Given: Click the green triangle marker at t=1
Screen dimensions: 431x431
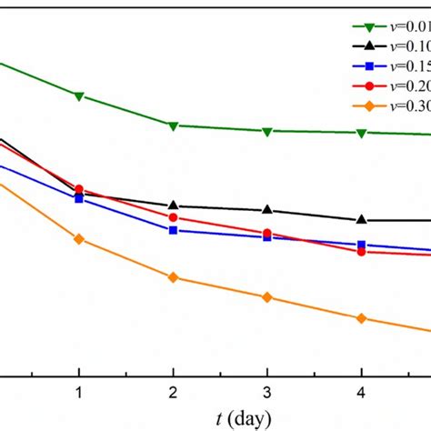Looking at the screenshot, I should click(79, 95).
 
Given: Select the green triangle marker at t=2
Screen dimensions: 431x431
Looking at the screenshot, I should click(173, 125).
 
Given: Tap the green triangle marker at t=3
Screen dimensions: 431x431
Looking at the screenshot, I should click(267, 131).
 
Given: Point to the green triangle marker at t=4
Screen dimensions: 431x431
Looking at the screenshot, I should click(362, 133).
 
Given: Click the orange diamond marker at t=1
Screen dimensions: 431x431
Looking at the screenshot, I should click(79, 239).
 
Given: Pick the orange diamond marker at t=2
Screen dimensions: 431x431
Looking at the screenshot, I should click(173, 277).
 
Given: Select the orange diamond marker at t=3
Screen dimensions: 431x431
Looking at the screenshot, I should click(267, 297).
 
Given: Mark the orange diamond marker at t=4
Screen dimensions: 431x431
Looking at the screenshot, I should click(362, 318).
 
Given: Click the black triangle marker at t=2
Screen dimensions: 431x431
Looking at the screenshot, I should click(173, 205).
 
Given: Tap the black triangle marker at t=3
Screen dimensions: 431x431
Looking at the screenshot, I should click(267, 210).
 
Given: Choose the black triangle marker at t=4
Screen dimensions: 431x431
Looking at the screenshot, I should click(362, 219).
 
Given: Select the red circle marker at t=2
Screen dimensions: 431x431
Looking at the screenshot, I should click(173, 217).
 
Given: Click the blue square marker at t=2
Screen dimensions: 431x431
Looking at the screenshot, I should click(173, 230).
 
